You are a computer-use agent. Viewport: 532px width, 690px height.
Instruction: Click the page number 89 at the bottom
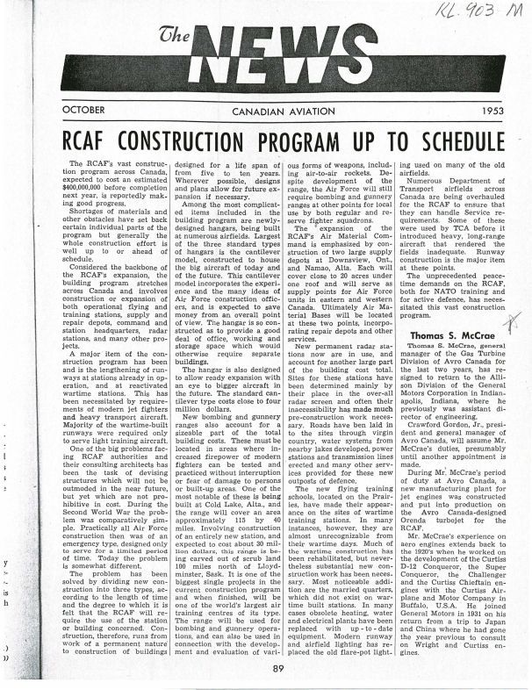[x=277, y=670]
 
